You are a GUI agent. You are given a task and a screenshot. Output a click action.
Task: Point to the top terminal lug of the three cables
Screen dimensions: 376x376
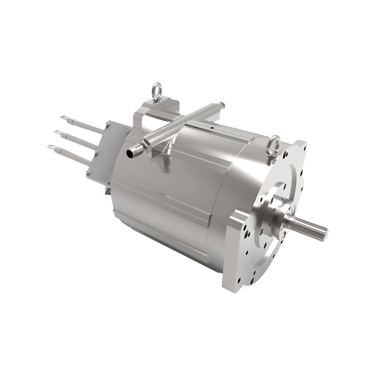tap(64, 118)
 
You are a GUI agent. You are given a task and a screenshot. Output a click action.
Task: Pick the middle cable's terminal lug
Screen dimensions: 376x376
tap(59, 133)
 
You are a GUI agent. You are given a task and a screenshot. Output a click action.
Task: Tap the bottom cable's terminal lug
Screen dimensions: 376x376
tap(52, 147)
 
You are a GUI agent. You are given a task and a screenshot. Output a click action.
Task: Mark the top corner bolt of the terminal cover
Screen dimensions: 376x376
tap(109, 124)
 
